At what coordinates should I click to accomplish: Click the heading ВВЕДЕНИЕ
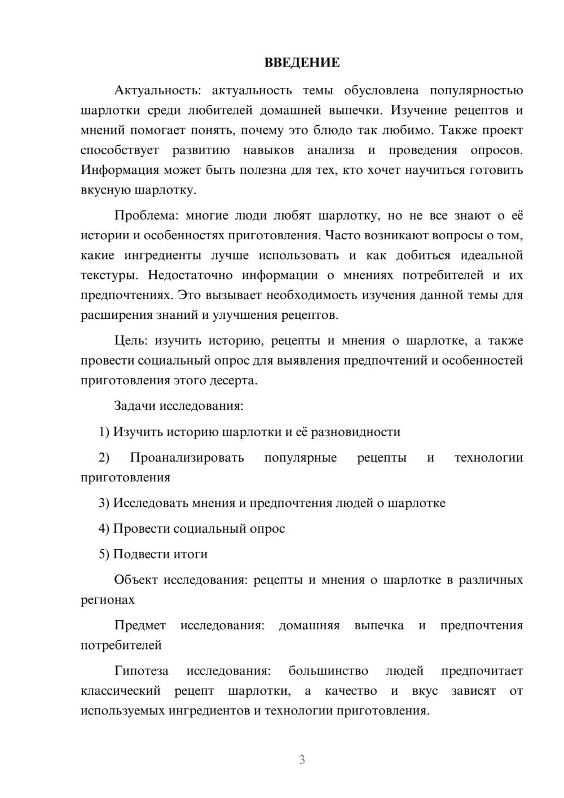tap(302, 63)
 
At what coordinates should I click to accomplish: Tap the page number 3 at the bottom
tap(302, 760)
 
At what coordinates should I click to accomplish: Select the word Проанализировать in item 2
tap(187, 457)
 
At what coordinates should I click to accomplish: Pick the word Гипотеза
tap(141, 670)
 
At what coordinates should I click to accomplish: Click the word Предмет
tap(140, 625)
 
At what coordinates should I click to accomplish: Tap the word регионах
tap(108, 599)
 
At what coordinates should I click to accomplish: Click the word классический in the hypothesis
tap(120, 691)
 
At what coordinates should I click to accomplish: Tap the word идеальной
tap(491, 255)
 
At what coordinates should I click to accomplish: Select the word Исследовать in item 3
tap(151, 503)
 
